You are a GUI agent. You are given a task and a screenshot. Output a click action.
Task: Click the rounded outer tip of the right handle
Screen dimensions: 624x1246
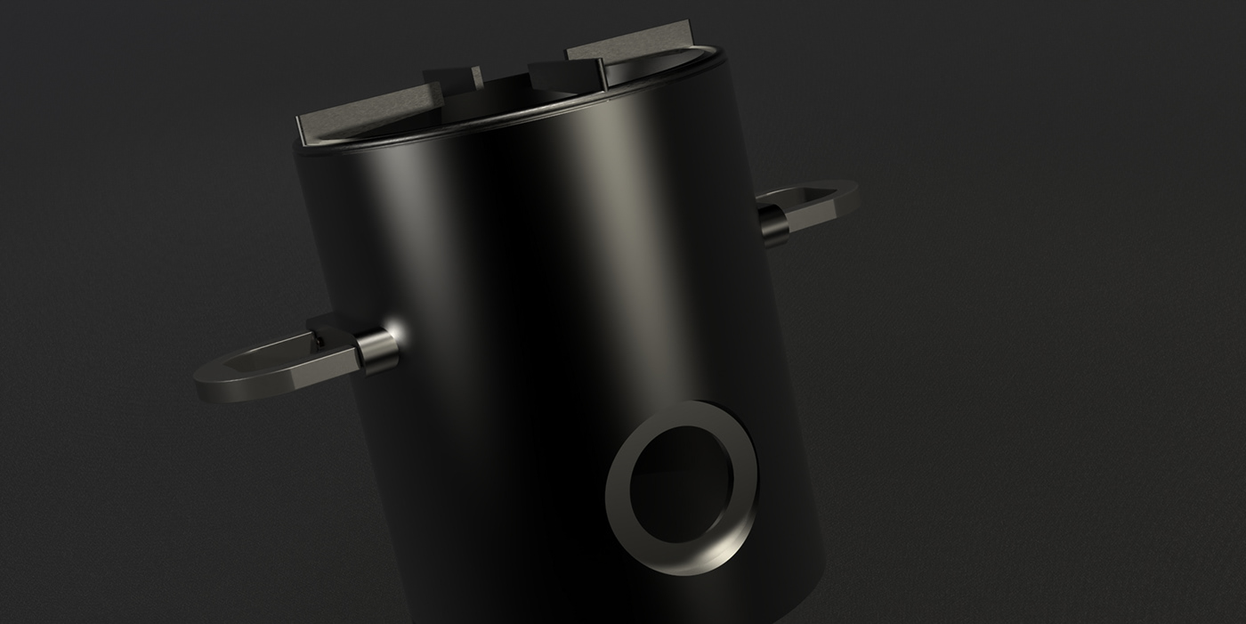[x=852, y=190]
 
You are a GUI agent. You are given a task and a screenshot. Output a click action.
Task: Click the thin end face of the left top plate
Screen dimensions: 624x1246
[x=303, y=134]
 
